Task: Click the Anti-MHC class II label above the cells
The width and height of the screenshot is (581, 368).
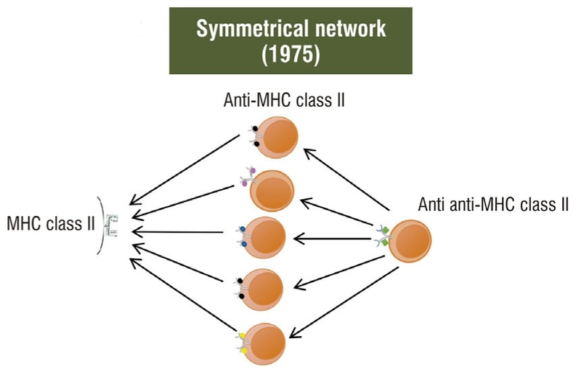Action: coord(283,100)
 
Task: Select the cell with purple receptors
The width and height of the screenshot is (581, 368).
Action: coord(272,188)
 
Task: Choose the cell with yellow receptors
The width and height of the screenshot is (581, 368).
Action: coord(264,340)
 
